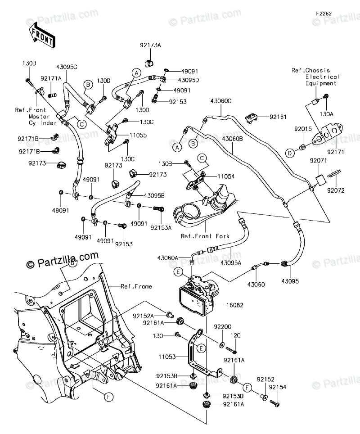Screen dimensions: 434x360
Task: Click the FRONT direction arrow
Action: point(41,36)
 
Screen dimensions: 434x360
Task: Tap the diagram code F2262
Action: point(323,14)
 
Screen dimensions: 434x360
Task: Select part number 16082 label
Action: point(234,305)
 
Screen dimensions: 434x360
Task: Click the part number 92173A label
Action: point(150,45)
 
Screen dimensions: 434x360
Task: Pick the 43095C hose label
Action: point(67,67)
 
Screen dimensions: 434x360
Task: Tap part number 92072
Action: point(336,190)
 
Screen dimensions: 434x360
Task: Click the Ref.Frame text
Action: point(136,286)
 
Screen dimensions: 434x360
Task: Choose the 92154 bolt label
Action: point(278,387)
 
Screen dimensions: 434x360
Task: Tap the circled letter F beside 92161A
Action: point(247,387)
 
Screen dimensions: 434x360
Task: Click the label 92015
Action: point(303,129)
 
